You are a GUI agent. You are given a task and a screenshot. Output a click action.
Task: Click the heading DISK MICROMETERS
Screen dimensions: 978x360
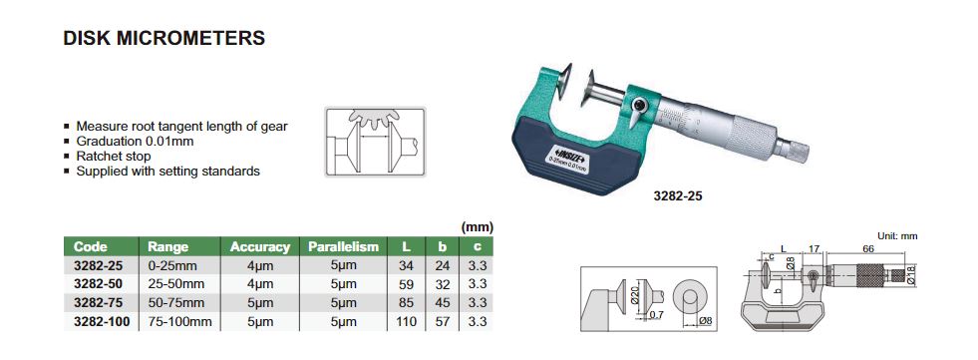click(x=164, y=38)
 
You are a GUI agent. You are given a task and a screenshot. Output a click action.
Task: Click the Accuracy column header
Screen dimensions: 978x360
click(x=259, y=247)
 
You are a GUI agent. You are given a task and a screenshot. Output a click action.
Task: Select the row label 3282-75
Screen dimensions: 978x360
click(x=98, y=303)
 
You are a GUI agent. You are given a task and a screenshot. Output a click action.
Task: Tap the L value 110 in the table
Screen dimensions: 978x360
click(x=406, y=322)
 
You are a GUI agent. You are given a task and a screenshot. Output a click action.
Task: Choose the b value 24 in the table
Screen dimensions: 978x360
click(x=443, y=266)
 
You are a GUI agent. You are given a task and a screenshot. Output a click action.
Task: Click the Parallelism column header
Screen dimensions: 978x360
click(x=343, y=247)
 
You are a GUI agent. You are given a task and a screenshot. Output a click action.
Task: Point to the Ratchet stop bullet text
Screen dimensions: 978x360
click(x=114, y=156)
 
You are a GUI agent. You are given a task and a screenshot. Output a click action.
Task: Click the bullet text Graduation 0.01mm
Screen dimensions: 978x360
click(x=135, y=141)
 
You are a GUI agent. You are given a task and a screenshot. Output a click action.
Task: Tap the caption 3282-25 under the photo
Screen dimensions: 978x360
click(x=677, y=195)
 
